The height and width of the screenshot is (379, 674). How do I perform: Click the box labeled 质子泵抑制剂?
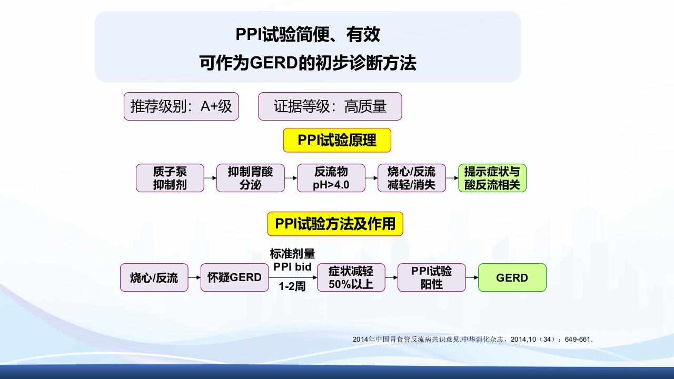pos(170,178)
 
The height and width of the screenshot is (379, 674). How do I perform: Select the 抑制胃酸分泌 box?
pos(250,178)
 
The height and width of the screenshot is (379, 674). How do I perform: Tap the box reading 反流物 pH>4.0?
pos(331,178)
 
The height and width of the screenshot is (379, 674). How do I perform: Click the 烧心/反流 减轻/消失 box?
pos(412,178)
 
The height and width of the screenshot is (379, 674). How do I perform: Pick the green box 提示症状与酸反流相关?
pos(492,178)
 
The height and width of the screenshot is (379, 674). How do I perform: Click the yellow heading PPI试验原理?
pos(337,140)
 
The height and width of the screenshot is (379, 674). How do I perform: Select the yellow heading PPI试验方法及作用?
pos(335,224)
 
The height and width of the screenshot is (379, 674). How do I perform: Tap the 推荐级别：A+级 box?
pos(181,106)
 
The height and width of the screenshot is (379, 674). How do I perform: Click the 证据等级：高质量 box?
pos(330,106)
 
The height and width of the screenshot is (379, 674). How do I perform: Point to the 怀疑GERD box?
pos(234,277)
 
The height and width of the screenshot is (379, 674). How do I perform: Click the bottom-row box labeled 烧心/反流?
pos(154,277)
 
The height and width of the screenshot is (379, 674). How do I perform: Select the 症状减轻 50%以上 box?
pos(351,277)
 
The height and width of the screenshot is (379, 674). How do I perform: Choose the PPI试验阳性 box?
pos(432,277)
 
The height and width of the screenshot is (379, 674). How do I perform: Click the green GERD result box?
pos(512,277)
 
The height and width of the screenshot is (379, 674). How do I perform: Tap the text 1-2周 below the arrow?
pos(292,287)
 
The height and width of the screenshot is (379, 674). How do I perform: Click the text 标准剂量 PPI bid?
pos(292,260)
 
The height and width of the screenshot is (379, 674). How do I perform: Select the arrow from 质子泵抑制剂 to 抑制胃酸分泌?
pos(210,178)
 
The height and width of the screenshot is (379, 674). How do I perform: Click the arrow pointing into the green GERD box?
pos(472,277)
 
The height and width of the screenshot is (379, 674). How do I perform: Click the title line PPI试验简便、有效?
pos(308,35)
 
